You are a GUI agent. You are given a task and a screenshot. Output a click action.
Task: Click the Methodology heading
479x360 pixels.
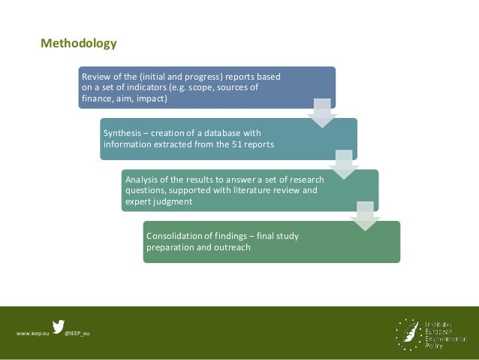[x=79, y=43]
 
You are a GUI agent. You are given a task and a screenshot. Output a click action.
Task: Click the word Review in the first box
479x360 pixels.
[x=95, y=77]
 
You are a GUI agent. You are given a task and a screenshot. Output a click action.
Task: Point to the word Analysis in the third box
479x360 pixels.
[x=142, y=180]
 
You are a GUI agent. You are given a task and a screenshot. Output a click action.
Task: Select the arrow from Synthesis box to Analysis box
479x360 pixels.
[x=344, y=163]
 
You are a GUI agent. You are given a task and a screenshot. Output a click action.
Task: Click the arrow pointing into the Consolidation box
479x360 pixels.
[x=365, y=215]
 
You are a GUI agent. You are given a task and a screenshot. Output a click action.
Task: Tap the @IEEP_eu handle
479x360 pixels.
[x=77, y=333]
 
